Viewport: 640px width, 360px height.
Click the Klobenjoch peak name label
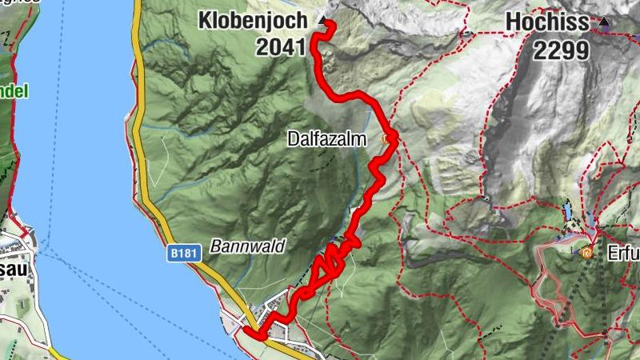pos(253,19)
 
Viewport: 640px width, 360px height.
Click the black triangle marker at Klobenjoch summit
pos(322,20)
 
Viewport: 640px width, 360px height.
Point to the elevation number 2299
pos(562,51)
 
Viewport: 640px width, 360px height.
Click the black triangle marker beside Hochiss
pos(604,22)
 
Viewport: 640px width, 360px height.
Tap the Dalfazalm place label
pos(326,139)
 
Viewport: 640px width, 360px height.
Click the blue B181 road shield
pos(180,252)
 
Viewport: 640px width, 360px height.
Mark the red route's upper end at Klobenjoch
pos(328,29)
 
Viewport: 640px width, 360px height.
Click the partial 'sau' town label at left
pos(14,269)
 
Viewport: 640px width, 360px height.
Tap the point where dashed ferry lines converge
pos(44,250)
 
